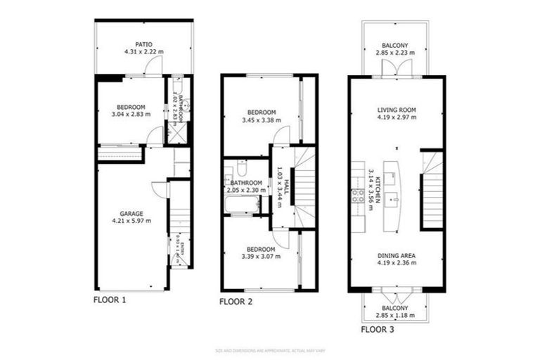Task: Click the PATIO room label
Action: pyautogui.click(x=144, y=44)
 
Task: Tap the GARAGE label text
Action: pyautogui.click(x=132, y=213)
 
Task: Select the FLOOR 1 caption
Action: pyautogui.click(x=110, y=299)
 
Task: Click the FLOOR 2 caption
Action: pyautogui.click(x=236, y=302)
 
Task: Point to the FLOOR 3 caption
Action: pyautogui.click(x=378, y=328)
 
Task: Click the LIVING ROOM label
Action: pyautogui.click(x=397, y=110)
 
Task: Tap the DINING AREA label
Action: pyautogui.click(x=397, y=255)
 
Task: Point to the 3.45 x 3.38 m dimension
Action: pyautogui.click(x=260, y=120)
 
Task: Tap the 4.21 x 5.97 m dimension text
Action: pyautogui.click(x=132, y=221)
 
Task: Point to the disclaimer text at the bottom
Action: pyautogui.click(x=270, y=349)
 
